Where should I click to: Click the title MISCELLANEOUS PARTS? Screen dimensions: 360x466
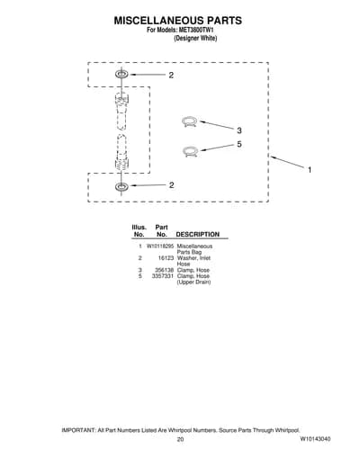point(178,21)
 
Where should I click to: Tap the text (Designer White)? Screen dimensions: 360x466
point(195,39)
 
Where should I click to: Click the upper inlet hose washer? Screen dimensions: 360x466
point(121,74)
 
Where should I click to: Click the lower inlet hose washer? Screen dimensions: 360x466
point(121,186)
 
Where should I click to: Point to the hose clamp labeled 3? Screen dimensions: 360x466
point(190,121)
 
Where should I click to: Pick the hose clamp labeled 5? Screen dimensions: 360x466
point(190,151)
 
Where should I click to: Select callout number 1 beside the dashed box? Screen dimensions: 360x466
point(310,170)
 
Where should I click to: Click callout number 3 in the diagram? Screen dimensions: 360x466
point(239,130)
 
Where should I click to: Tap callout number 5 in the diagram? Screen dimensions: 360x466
point(239,144)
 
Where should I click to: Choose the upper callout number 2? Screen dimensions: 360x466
point(171,76)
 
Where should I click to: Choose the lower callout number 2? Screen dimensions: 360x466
point(171,185)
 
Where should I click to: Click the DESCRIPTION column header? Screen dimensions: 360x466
point(198,235)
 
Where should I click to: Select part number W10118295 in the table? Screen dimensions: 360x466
point(160,246)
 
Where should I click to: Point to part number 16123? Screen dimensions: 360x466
point(166,258)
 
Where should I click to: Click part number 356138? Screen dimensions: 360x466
point(165,270)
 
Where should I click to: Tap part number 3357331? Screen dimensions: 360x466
point(163,276)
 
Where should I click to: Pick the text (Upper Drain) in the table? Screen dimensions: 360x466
point(193,282)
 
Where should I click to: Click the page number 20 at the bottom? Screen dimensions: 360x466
point(180,439)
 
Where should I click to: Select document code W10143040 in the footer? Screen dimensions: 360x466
point(315,439)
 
